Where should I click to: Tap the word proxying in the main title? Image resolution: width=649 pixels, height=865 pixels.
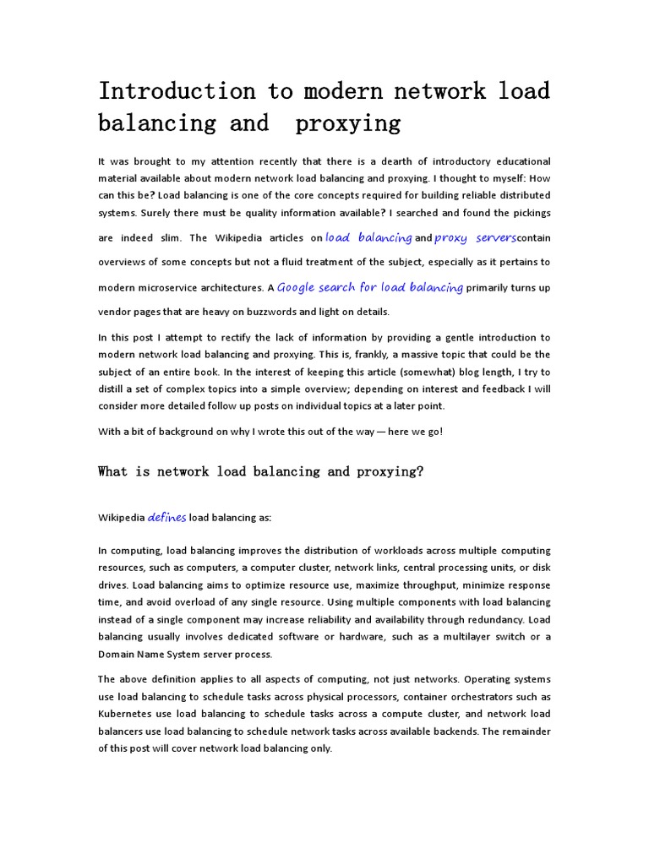[347, 123]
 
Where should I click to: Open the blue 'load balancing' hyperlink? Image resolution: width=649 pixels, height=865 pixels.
[368, 238]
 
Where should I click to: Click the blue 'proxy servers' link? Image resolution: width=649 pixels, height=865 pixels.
[475, 238]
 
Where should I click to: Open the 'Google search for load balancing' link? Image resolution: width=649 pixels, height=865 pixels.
[370, 287]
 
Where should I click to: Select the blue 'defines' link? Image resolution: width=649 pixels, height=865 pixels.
[166, 517]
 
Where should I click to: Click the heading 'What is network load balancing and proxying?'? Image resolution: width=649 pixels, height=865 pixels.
[260, 471]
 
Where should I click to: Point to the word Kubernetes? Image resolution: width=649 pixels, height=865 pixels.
[126, 714]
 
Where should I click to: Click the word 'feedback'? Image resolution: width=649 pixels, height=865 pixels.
[506, 389]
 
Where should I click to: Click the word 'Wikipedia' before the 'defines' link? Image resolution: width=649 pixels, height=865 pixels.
[122, 518]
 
